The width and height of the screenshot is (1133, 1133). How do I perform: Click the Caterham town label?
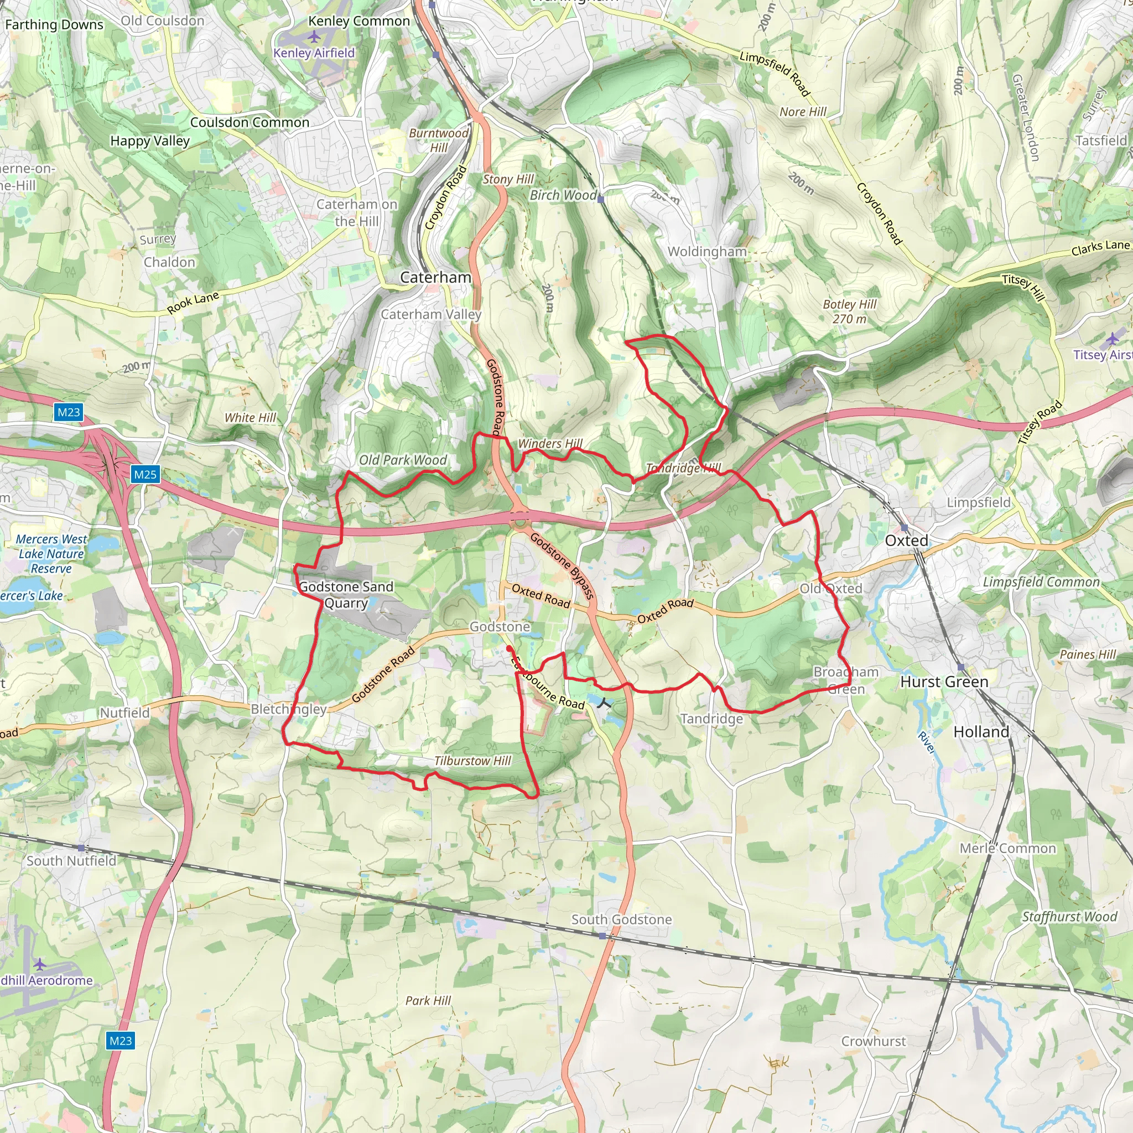tap(436, 277)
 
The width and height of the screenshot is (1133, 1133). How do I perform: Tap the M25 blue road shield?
tap(145, 475)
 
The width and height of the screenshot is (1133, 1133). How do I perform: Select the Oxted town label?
tap(906, 540)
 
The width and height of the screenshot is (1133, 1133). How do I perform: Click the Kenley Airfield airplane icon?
tap(314, 37)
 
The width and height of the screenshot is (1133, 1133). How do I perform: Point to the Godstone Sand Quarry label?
tap(346, 595)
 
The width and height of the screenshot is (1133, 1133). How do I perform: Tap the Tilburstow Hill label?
tap(472, 761)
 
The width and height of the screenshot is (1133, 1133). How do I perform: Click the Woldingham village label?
tap(706, 252)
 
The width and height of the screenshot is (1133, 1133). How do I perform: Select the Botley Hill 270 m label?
tap(849, 311)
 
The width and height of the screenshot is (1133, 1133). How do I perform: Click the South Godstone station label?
tap(622, 919)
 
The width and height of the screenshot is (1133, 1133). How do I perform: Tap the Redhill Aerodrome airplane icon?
tap(39, 964)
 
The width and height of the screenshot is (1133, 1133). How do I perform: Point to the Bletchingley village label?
tap(289, 709)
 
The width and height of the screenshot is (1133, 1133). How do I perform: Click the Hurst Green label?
tap(944, 682)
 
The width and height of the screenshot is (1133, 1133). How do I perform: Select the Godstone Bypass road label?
tap(563, 565)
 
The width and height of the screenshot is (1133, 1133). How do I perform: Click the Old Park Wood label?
tap(403, 460)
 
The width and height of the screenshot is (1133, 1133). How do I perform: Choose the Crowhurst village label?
tap(873, 1041)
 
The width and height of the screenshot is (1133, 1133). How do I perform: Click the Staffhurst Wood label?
tap(1070, 917)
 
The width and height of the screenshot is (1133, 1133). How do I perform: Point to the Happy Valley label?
tap(150, 141)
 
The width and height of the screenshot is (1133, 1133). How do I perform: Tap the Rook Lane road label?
tap(193, 303)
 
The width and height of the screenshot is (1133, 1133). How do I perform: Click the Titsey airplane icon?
tap(1113, 339)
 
